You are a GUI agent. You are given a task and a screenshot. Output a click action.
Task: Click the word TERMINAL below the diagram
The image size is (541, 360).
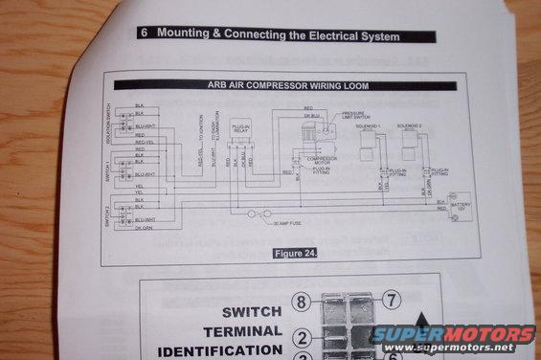(252, 331)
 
